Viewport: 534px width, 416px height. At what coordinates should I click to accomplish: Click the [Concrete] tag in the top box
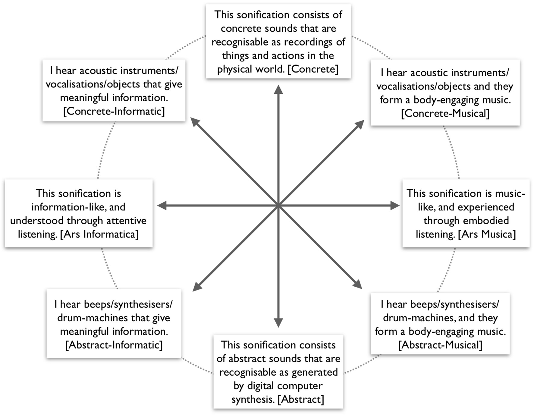[x=313, y=69]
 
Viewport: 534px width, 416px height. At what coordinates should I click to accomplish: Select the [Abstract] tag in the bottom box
[x=301, y=399]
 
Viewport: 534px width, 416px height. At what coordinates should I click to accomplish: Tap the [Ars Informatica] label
[x=99, y=234]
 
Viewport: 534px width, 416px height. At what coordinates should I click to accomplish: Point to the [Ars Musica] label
[x=487, y=234]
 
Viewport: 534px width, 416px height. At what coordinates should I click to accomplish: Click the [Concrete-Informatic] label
[x=114, y=111]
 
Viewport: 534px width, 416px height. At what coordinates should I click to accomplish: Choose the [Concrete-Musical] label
[x=445, y=113]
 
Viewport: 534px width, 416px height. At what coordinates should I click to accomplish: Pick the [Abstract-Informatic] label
[x=114, y=345]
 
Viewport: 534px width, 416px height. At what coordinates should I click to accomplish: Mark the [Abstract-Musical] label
[x=440, y=345]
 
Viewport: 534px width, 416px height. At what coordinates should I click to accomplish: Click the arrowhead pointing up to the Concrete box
[x=278, y=90]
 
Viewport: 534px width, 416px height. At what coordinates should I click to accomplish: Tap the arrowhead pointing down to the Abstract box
[x=278, y=323]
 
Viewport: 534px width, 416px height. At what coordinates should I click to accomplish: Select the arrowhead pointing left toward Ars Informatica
[x=162, y=206]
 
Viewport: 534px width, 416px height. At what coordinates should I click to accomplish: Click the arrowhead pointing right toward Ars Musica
[x=394, y=206]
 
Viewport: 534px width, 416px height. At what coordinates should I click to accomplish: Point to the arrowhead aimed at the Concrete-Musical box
[x=360, y=124]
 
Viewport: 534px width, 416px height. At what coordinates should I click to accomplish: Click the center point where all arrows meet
[x=278, y=206]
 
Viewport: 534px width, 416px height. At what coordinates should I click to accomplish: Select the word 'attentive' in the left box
[x=126, y=221]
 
